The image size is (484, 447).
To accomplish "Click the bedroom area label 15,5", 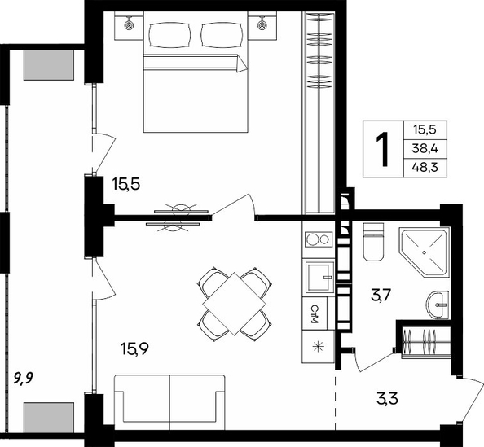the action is click(x=126, y=185).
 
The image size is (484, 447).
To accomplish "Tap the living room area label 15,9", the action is click(x=135, y=349).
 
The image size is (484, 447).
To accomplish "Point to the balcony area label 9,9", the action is click(x=24, y=378).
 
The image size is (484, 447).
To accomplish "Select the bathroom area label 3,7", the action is click(x=381, y=296).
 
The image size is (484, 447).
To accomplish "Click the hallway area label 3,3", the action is click(x=387, y=398).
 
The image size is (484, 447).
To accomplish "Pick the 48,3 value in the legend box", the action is click(x=425, y=168).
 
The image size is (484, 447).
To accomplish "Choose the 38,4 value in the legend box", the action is click(x=425, y=149).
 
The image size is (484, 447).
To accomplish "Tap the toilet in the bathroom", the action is click(x=373, y=242).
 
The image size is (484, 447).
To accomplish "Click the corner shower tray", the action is click(x=424, y=252).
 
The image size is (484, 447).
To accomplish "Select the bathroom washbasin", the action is click(x=438, y=305).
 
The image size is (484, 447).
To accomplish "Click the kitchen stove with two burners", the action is click(x=318, y=239).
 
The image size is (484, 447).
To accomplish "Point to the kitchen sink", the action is click(x=319, y=277).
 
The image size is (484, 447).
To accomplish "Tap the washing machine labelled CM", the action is click(x=315, y=313).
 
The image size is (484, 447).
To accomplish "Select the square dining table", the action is click(x=235, y=304).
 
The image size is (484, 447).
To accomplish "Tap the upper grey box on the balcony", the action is click(x=49, y=65).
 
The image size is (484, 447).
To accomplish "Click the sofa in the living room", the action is click(x=169, y=402).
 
